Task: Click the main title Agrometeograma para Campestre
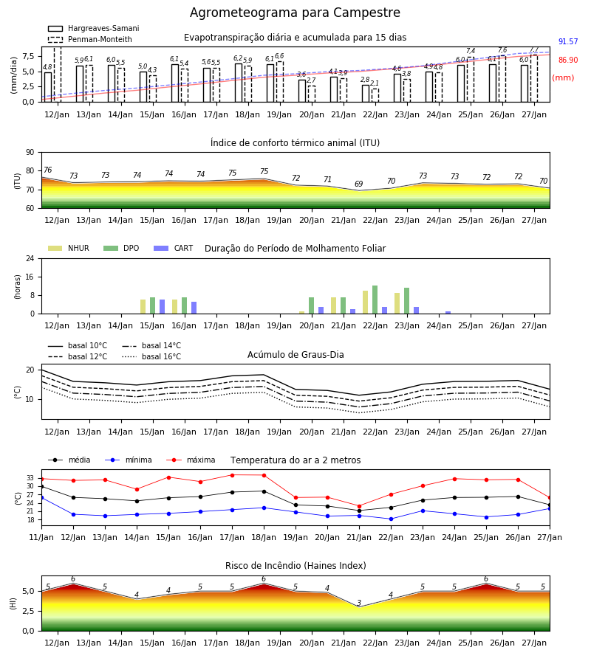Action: pyautogui.click(x=295, y=13)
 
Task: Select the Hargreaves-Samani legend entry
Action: pyautogui.click(x=93, y=28)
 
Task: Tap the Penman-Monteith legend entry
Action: pyautogui.click(x=90, y=39)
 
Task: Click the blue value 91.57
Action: pyautogui.click(x=568, y=41)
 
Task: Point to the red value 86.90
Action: pyautogui.click(x=568, y=60)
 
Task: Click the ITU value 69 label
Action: pyautogui.click(x=359, y=184)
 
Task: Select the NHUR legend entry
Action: pyautogui.click(x=69, y=248)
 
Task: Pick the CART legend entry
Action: pyautogui.click(x=174, y=248)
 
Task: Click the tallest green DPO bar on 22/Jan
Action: pyautogui.click(x=375, y=300)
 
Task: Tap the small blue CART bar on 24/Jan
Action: pyautogui.click(x=448, y=313)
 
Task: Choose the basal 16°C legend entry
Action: pyautogui.click(x=151, y=356)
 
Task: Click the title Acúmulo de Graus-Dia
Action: pyautogui.click(x=295, y=354)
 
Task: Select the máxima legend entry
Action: pyautogui.click(x=191, y=460)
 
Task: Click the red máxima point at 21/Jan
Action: pyautogui.click(x=360, y=506)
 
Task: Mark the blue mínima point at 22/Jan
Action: pyautogui.click(x=391, y=519)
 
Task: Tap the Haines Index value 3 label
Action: pyautogui.click(x=359, y=603)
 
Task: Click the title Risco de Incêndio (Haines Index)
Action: pyautogui.click(x=295, y=565)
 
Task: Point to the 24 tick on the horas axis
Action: pyautogui.click(x=30, y=258)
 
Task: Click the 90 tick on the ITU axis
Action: pyautogui.click(x=30, y=153)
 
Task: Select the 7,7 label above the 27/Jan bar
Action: pyautogui.click(x=534, y=49)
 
